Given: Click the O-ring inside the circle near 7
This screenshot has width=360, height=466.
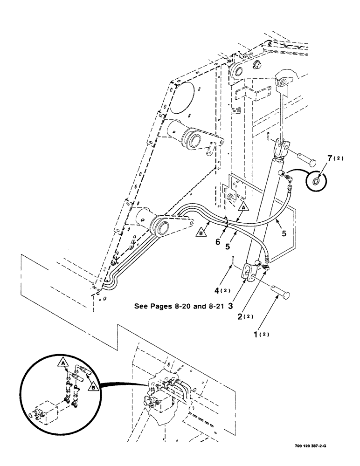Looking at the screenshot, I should coord(317,181).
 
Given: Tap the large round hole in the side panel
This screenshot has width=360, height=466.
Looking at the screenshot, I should coord(181,99).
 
